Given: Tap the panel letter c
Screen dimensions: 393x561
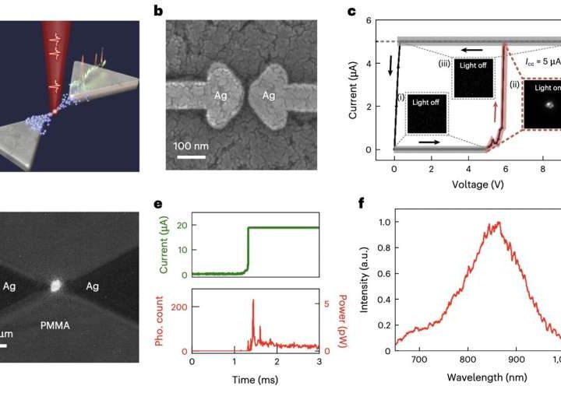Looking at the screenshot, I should pos(352,12).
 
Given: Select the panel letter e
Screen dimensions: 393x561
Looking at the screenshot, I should pos(158,205).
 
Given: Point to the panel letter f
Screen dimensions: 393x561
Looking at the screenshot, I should pos(353,205).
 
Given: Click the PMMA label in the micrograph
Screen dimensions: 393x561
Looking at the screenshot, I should pos(55,325).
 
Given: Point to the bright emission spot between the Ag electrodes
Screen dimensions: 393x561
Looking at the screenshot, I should pos(55,286).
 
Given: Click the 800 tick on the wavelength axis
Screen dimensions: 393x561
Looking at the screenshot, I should pos(467,359).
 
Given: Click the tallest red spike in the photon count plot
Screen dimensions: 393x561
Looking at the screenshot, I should pos(252,301).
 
